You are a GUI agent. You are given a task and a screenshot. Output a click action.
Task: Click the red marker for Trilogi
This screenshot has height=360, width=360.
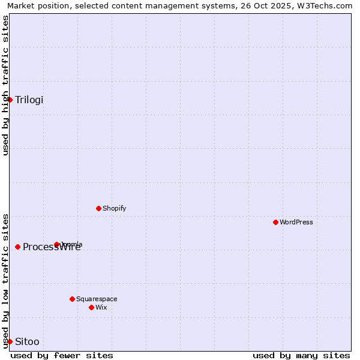[x=10, y=100]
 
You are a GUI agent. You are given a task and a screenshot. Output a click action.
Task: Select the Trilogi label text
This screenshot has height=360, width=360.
[x=29, y=100]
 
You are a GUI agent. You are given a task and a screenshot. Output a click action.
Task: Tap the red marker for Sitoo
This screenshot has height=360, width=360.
[x=10, y=341]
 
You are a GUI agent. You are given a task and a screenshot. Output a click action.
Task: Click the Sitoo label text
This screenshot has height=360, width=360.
[x=27, y=342]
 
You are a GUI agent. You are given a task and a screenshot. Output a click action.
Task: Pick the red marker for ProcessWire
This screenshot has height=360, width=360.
[x=18, y=247]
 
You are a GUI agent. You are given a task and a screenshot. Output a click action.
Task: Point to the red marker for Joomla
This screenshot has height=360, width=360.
[x=57, y=244]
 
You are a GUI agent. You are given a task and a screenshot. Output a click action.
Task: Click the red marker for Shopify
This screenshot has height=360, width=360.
[x=98, y=208]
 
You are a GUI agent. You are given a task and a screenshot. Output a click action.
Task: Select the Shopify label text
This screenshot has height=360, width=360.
[x=115, y=208]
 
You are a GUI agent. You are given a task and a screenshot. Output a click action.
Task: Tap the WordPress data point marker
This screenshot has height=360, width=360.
[x=275, y=222]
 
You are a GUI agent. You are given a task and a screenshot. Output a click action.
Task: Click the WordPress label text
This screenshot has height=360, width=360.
[x=296, y=222]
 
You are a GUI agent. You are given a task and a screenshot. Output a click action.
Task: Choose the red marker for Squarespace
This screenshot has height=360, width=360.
[x=72, y=299]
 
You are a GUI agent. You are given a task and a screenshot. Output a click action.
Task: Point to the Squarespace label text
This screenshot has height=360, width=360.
[x=97, y=299]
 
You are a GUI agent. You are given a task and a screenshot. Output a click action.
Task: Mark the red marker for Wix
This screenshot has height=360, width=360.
[x=91, y=307]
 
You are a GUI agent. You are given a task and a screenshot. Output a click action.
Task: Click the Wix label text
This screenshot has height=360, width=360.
[x=101, y=307]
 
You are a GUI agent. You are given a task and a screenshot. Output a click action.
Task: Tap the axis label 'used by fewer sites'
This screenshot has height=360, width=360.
[x=62, y=355]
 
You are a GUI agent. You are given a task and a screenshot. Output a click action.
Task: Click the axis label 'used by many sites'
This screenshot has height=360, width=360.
[x=301, y=355]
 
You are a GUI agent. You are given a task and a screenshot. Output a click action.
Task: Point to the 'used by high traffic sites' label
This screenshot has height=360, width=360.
[x=5, y=85]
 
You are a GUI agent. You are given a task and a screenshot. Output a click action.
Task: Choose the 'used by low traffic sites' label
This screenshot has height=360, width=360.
[x=5, y=281]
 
